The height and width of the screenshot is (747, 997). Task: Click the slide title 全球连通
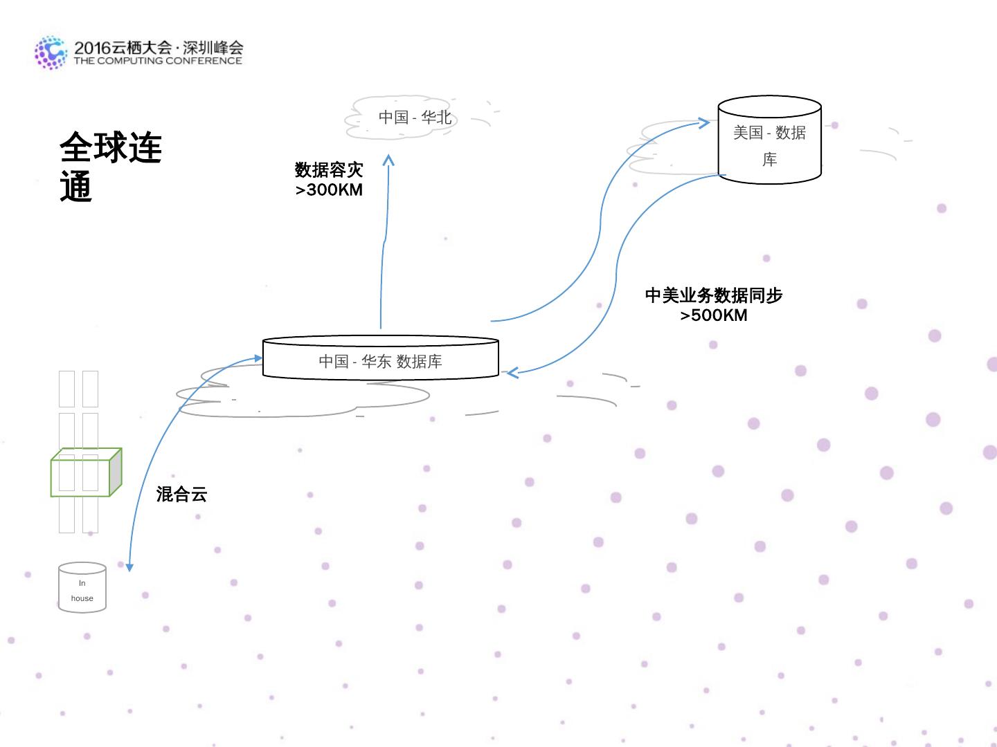coord(110,167)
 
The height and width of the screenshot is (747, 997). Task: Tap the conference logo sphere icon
coord(51,53)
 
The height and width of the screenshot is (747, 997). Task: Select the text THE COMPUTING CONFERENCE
coord(158,61)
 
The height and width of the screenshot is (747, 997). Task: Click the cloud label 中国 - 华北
coord(415,118)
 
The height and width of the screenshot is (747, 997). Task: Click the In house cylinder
coord(82,588)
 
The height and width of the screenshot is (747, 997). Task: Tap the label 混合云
coord(181,494)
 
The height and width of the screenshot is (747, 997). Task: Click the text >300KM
coord(329,190)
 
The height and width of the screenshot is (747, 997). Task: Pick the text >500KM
coord(714,315)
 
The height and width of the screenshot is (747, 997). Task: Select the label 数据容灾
coord(329,169)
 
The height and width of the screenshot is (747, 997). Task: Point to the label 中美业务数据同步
coord(714,295)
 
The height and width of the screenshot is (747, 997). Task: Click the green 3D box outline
coord(86,473)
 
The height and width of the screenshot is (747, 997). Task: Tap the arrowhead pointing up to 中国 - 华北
coord(388,160)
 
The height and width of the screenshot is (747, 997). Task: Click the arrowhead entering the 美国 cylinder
coord(705,123)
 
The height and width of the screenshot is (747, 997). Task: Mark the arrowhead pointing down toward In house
coord(129,567)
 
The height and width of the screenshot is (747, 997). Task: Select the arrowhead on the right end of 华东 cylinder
coord(512,373)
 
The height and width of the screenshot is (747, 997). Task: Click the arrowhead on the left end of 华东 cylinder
coord(258,358)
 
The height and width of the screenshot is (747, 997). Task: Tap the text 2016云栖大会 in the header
coord(123,48)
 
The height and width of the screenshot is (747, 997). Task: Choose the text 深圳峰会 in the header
coord(213,48)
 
